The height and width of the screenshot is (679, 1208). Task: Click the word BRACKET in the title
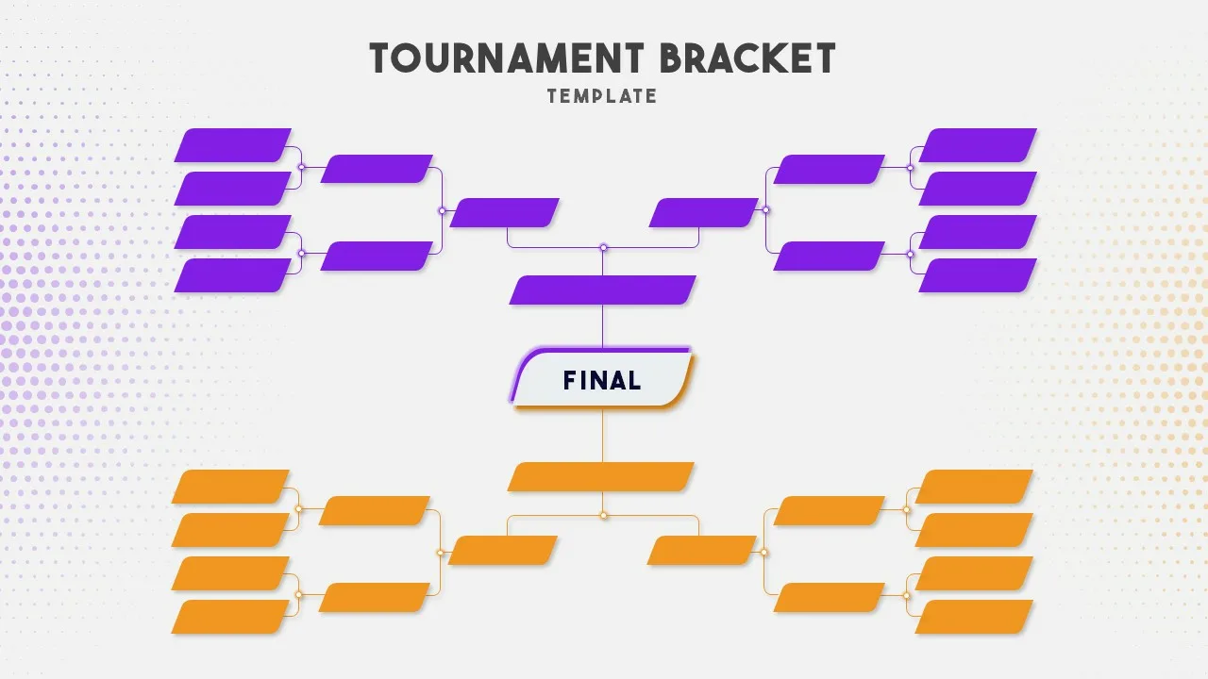[x=747, y=58]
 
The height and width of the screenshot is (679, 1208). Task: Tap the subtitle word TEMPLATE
[x=602, y=96]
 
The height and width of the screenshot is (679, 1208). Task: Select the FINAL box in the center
[x=602, y=379]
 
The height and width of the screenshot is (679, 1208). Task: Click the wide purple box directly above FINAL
[x=602, y=290]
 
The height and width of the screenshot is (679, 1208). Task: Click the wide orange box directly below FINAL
[x=601, y=476]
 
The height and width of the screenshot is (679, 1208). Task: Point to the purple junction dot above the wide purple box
[x=603, y=248]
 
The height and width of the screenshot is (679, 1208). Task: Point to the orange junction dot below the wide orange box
[x=603, y=515]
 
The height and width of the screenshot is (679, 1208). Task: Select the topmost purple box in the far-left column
[x=233, y=145]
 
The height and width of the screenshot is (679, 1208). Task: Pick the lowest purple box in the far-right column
[x=978, y=275]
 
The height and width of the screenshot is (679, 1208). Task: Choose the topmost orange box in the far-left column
[x=230, y=487]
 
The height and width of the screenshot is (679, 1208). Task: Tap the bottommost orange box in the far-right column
[x=974, y=617]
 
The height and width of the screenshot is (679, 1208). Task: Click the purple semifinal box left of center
[x=505, y=213]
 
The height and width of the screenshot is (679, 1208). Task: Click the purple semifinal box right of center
[x=703, y=213]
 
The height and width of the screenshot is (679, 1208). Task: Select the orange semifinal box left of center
[x=503, y=551]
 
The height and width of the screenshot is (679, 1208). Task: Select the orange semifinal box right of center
[x=701, y=551]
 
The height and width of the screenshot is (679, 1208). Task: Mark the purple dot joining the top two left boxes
[x=301, y=167]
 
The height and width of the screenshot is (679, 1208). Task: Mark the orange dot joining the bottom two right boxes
[x=906, y=595]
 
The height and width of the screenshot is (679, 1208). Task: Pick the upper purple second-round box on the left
[x=377, y=169]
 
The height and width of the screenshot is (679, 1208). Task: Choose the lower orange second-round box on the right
[x=829, y=597]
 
